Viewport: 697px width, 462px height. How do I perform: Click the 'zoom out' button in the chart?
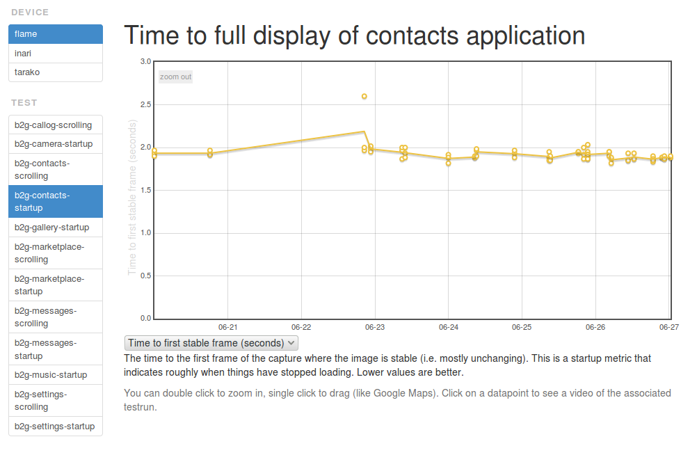pos(175,77)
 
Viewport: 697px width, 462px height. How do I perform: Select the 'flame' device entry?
pos(56,34)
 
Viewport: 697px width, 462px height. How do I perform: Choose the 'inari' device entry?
pos(56,53)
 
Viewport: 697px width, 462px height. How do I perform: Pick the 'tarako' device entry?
pos(56,72)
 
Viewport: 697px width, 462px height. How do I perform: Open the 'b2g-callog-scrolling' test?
pos(56,125)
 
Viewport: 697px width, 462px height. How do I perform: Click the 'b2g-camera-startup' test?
pos(56,144)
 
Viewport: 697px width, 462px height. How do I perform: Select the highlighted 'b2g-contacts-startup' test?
pos(56,202)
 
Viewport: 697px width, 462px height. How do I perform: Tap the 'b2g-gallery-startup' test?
pos(56,228)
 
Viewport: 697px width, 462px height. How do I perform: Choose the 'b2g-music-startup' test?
pos(56,375)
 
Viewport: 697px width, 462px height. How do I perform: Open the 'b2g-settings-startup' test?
pos(56,427)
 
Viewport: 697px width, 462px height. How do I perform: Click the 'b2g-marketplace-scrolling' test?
pos(56,253)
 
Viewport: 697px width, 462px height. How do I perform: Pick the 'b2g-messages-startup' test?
pos(56,349)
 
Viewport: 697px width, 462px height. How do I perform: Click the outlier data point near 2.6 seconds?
pos(364,97)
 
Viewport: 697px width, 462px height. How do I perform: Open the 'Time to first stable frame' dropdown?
pos(211,343)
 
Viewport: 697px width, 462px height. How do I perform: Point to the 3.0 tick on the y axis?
pos(145,62)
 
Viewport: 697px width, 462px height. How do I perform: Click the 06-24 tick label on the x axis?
pos(448,326)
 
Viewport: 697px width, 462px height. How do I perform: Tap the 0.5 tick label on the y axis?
pos(145,276)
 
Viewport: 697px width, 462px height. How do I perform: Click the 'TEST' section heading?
pos(24,103)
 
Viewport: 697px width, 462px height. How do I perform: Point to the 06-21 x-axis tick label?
pos(227,326)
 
